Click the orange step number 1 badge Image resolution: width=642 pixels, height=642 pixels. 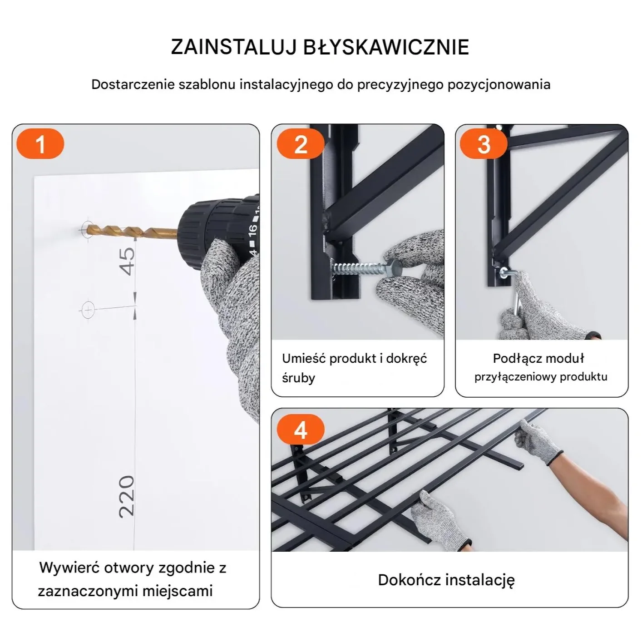[40, 144]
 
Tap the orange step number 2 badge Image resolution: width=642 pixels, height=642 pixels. [301, 144]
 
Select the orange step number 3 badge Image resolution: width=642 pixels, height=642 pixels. [484, 144]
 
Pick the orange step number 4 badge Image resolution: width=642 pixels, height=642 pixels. [301, 429]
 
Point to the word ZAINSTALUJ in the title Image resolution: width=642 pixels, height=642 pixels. [234, 47]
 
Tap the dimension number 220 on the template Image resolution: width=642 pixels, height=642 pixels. [127, 496]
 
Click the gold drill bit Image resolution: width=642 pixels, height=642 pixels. [132, 231]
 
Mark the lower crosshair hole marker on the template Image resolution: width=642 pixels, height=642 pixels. [88, 310]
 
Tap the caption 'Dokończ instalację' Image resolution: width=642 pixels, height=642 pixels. [446, 580]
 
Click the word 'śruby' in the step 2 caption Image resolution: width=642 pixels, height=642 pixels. [298, 378]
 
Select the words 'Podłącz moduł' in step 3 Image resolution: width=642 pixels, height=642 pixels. [538, 358]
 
